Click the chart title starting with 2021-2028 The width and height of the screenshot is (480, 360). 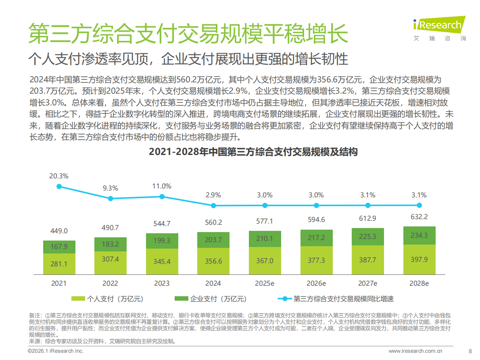pos(253,152)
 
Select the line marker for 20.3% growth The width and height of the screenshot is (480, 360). pos(59,186)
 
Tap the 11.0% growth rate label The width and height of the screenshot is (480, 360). pos(162,186)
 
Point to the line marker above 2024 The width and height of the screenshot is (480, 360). pos(213,205)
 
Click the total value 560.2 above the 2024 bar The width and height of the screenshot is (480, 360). pos(213,222)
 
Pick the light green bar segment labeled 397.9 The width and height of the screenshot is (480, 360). pos(419,259)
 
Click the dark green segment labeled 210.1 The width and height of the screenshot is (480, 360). pos(265,239)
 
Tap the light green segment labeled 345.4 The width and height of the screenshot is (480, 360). pos(162,262)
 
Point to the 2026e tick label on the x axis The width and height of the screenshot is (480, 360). pos(316,283)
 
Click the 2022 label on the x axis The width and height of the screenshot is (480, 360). pos(111,283)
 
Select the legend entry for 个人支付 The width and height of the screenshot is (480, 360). pos(107,299)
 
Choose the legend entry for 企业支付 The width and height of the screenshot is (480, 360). pos(210,299)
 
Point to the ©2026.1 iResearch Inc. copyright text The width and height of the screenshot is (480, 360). pos(55,351)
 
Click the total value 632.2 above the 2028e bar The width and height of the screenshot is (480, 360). pos(419,217)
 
